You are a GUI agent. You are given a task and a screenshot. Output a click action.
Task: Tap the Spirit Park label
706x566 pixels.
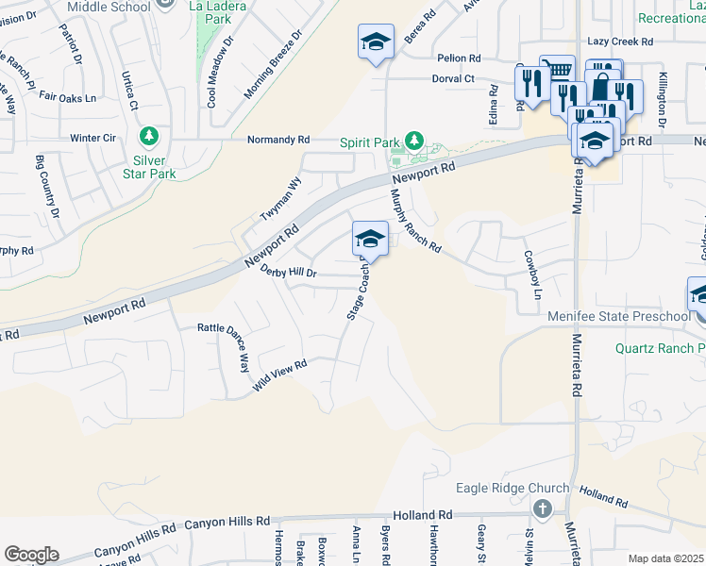(370, 142)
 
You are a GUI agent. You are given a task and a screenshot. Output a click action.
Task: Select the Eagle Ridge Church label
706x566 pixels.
(513, 488)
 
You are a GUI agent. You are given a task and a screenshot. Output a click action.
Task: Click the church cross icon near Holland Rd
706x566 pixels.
(542, 509)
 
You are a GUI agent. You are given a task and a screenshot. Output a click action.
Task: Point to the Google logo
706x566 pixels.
(31, 555)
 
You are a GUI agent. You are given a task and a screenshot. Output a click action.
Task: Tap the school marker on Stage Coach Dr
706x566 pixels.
(370, 240)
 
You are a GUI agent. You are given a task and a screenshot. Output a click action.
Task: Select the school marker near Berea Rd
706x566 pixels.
(376, 42)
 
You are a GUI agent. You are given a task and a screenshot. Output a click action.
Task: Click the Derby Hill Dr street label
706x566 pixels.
(288, 273)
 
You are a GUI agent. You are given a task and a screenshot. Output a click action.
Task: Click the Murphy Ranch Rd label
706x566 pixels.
(416, 222)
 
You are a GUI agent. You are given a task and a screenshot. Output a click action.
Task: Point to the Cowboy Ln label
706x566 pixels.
(535, 269)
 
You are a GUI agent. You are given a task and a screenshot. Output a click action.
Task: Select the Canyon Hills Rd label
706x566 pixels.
(227, 521)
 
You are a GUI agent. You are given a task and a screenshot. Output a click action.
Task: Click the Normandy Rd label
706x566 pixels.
(278, 140)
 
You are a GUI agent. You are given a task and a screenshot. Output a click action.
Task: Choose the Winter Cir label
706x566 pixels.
(93, 138)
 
